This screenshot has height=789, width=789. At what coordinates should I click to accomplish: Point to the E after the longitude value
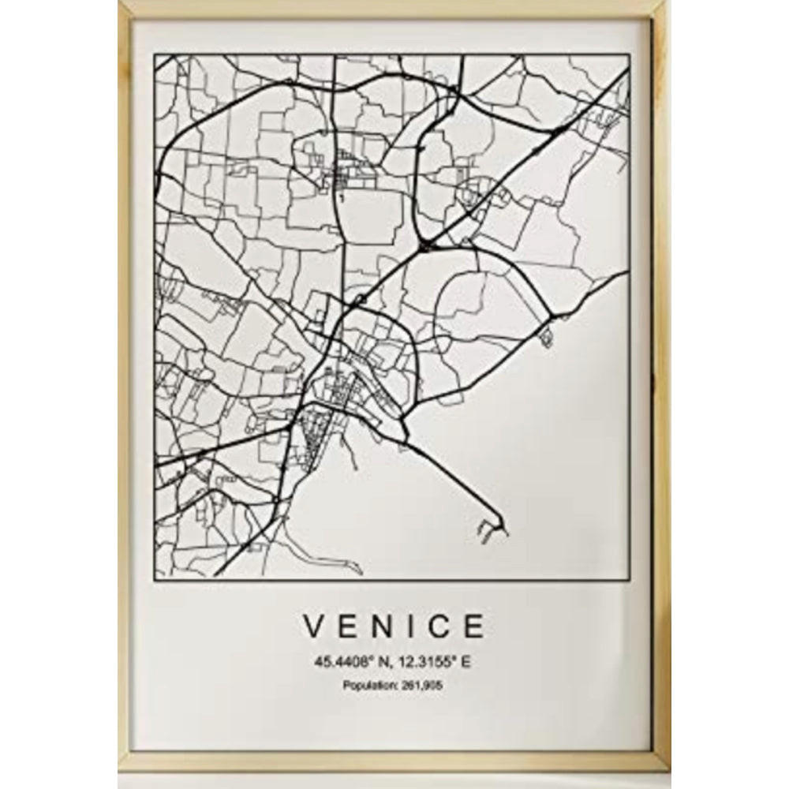point(466,664)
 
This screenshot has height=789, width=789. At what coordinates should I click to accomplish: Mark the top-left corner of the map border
point(155,55)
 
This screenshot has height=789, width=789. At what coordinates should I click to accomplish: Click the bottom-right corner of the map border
point(630,576)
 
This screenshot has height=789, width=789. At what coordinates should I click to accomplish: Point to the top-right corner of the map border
point(630,55)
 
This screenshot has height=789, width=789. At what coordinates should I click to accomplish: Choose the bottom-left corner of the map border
point(155,576)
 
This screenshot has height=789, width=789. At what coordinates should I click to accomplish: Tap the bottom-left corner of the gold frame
point(120,768)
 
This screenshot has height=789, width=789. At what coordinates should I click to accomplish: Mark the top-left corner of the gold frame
point(120,2)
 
